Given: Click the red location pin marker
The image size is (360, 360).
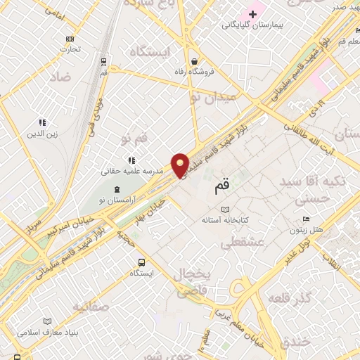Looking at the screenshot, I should (181, 165).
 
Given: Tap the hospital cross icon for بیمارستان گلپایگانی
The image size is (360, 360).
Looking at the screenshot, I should (252, 14).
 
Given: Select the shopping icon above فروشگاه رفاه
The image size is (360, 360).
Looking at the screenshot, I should (194, 61).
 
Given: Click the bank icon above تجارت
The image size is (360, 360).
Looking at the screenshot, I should (69, 39).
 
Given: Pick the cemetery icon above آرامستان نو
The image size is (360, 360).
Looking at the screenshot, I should (117, 189).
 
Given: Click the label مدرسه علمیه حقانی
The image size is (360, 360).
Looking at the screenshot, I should (132, 170).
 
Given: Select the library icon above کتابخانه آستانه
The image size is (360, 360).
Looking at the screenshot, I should (225, 210).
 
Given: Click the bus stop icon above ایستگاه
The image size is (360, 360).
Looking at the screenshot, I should (142, 262).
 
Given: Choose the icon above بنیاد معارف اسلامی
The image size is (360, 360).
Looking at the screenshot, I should (48, 321).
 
